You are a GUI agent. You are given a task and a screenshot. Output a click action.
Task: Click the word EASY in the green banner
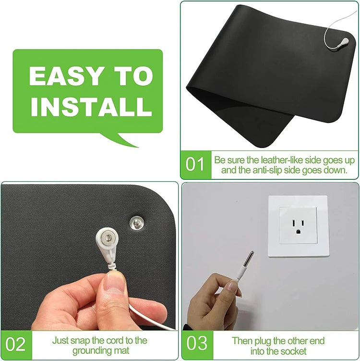pos(66,76)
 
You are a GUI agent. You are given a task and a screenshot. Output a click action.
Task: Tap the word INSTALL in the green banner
pos(91,106)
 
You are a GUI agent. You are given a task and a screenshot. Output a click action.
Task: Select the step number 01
pos(195,164)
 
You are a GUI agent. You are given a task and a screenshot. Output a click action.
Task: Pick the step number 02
pos(15,345)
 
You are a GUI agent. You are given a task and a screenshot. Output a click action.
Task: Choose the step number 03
pos(197,343)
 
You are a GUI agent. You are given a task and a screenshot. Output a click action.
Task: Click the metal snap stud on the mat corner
pos(137,223)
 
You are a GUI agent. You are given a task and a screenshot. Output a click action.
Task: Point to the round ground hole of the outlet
pos(298,231)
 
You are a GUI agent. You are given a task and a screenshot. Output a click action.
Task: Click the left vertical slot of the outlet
pos(294,223)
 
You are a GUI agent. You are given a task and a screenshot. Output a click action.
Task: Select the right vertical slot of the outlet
pos(302,223)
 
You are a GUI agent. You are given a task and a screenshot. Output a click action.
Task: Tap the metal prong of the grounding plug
pos(248,258)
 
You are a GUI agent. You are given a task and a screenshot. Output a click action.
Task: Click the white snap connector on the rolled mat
pos(343,43)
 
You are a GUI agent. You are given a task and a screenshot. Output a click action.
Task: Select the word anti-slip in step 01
pos(267,170)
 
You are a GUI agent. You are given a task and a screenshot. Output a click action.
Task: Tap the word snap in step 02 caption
pos(81,341)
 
